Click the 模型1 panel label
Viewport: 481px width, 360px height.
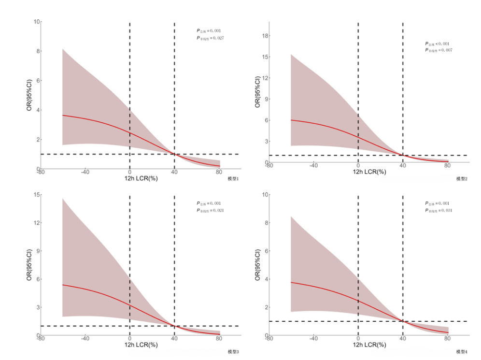pyautogui.click(x=233, y=179)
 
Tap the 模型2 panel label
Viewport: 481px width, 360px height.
pyautogui.click(x=462, y=179)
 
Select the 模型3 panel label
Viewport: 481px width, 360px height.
pyautogui.click(x=233, y=352)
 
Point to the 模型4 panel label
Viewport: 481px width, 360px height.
pyautogui.click(x=462, y=352)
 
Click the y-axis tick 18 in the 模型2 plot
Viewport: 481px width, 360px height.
pyautogui.click(x=265, y=35)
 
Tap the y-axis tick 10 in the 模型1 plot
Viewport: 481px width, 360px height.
pyautogui.click(x=37, y=22)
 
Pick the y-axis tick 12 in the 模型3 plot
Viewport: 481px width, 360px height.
pyautogui.click(x=37, y=223)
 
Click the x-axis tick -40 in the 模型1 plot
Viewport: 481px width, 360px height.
pyautogui.click(x=85, y=172)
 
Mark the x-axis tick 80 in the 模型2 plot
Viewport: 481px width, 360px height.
pyautogui.click(x=447, y=166)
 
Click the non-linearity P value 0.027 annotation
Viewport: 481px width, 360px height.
pyautogui.click(x=210, y=37)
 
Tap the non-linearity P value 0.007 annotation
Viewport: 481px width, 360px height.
pyautogui.click(x=438, y=50)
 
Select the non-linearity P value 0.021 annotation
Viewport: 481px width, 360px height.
pyautogui.click(x=210, y=210)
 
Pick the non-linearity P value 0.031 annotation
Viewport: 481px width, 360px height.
pyautogui.click(x=438, y=210)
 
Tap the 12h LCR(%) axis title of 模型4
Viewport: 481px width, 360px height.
pyautogui.click(x=369, y=345)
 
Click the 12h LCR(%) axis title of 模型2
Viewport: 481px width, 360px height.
pyautogui.click(x=369, y=172)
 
